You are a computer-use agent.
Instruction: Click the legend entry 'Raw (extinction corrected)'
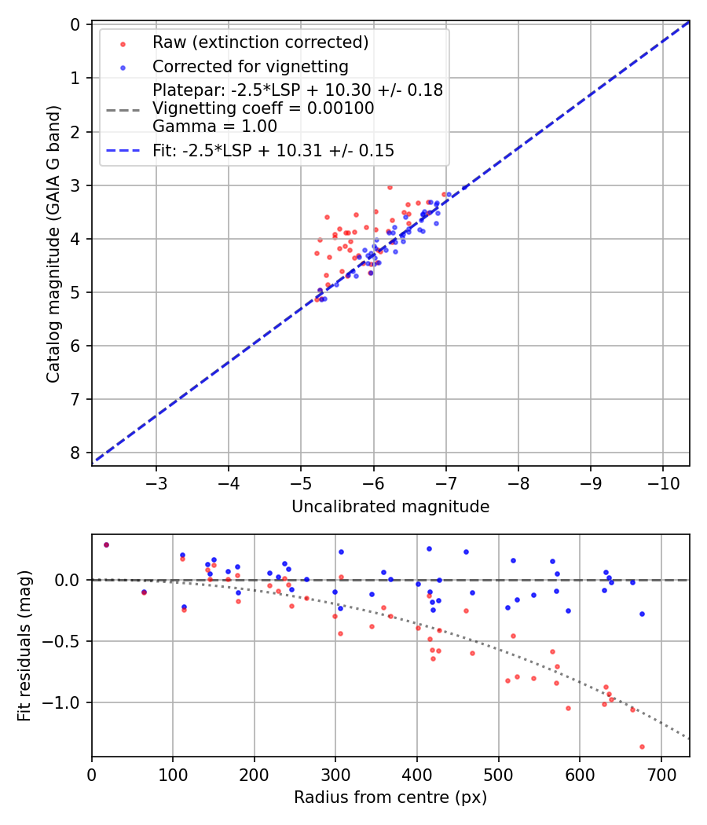pyautogui.click(x=260, y=42)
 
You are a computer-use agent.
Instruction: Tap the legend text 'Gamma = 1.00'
pyautogui.click(x=214, y=126)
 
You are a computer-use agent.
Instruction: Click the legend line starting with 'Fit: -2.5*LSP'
pyautogui.click(x=273, y=150)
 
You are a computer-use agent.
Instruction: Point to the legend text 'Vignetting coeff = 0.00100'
pyautogui.click(x=263, y=108)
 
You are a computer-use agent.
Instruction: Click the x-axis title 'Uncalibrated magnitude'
pyautogui.click(x=390, y=507)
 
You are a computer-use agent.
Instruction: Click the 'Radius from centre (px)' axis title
pyautogui.click(x=390, y=797)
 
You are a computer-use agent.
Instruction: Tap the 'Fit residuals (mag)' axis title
pyautogui.click(x=24, y=646)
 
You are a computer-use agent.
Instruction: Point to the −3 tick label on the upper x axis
pyautogui.click(x=156, y=481)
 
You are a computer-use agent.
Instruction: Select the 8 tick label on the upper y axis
pyautogui.click(x=75, y=453)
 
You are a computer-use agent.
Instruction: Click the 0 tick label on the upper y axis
pyautogui.click(x=75, y=24)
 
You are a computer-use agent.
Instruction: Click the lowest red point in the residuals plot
pyautogui.click(x=642, y=746)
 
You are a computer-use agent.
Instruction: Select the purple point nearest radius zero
pyautogui.click(x=106, y=544)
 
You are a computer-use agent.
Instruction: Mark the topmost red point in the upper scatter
pyautogui.click(x=390, y=187)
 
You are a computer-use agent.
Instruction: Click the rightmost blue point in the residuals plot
pyautogui.click(x=642, y=614)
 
